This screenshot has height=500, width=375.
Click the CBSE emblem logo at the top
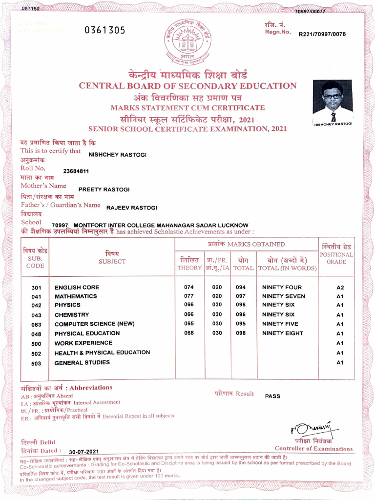pos(188,42)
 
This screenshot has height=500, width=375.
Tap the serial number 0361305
pos(104,30)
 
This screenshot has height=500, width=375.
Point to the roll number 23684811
pos(76,171)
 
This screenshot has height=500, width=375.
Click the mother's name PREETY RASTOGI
pos(104,189)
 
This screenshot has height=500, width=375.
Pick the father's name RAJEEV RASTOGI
pos(132,208)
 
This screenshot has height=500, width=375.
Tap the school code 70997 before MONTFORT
pos(60,226)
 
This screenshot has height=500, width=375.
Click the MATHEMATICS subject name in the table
pos(76,296)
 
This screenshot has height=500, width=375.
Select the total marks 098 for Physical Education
pos(241,333)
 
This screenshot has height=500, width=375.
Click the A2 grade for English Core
pos(340,288)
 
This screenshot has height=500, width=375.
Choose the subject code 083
pos(36,325)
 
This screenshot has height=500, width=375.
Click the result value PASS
pos(272,396)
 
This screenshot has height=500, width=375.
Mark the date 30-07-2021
pos(84,452)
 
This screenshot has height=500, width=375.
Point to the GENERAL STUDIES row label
pos(82,363)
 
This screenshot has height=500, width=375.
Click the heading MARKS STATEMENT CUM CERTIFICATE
pos(187,107)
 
